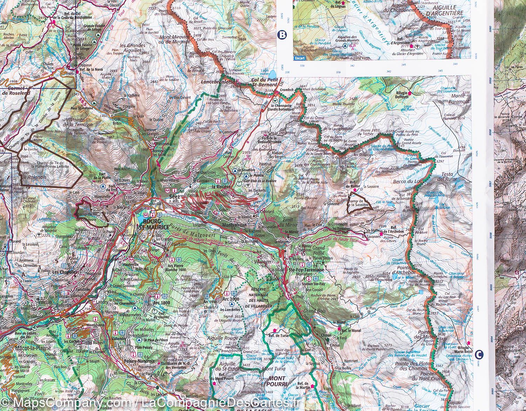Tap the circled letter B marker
(x=282, y=35)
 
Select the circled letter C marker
(x=478, y=355)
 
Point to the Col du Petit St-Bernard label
(x=266, y=82)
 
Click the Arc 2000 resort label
(x=230, y=299)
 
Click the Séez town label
(x=174, y=197)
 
